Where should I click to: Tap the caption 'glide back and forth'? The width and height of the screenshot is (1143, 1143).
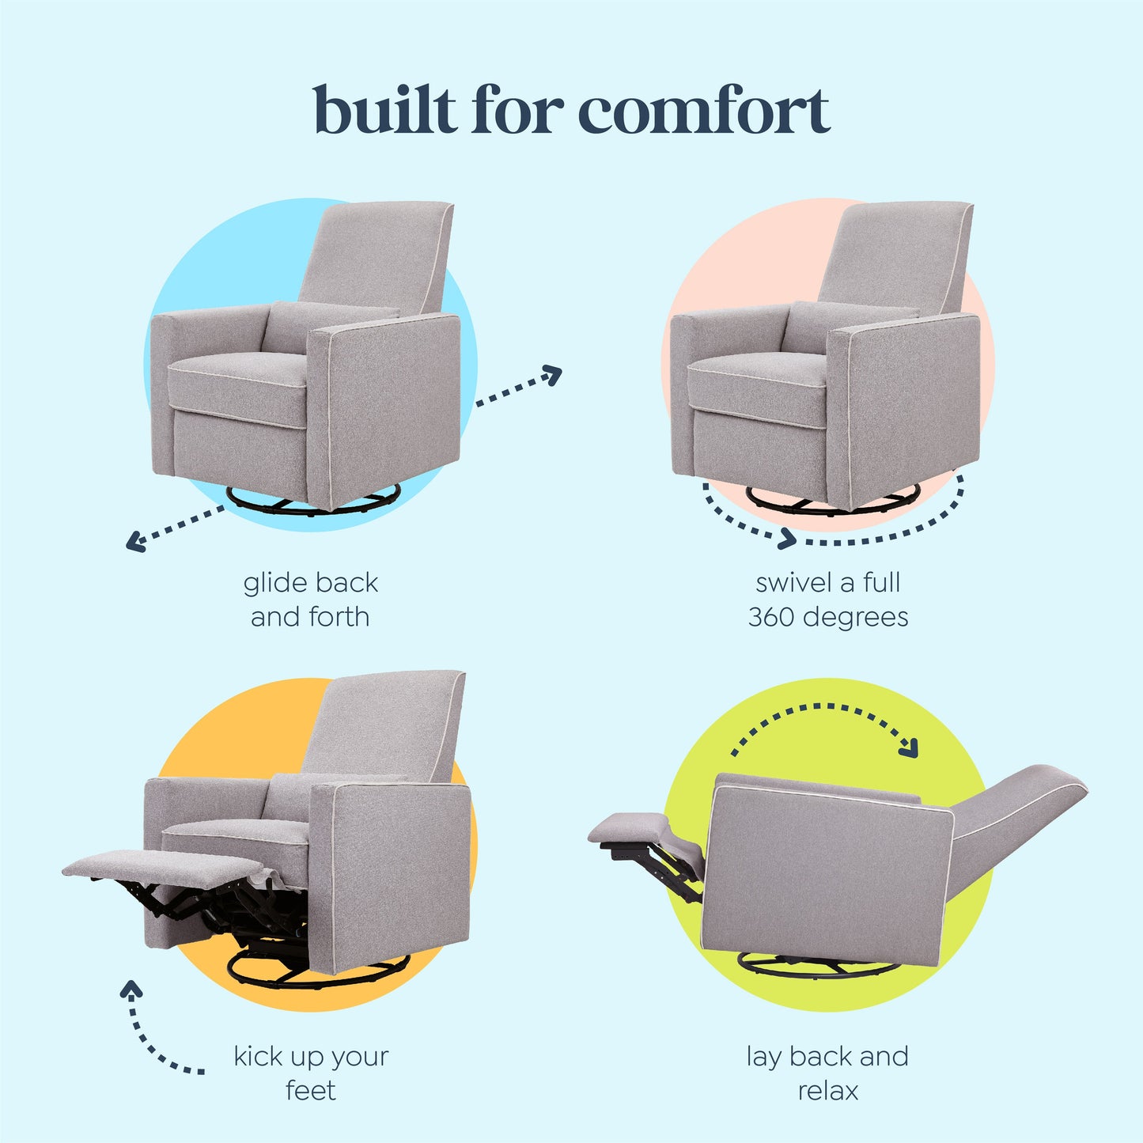[x=310, y=600]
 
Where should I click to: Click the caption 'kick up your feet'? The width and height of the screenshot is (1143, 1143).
[x=311, y=1073]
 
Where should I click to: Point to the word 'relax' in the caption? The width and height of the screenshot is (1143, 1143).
[x=827, y=1091]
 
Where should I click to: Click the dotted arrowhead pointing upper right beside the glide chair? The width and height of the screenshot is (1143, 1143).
[x=553, y=374]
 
